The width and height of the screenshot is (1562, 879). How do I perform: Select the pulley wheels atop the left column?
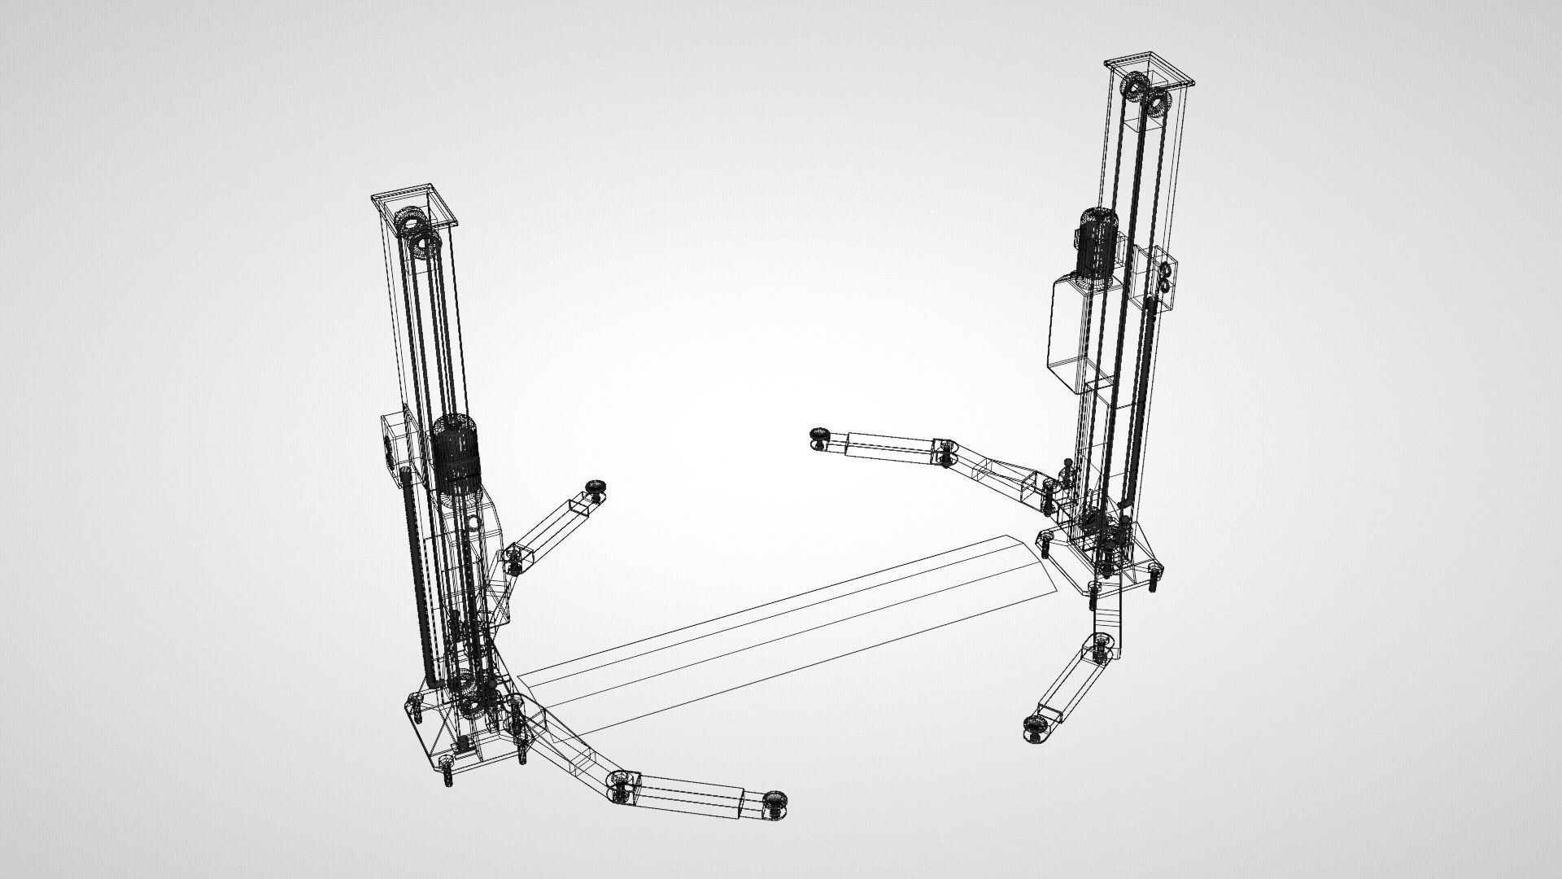[417, 233]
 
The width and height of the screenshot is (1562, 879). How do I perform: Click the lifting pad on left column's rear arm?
[598, 489]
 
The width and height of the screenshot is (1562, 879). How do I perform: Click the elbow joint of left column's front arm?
[622, 785]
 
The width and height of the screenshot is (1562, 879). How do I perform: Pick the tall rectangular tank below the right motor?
[1070, 334]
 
